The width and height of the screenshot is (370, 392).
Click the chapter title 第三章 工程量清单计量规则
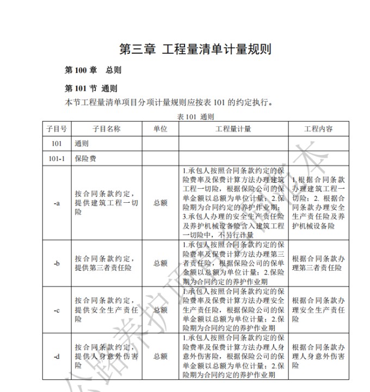pos(195,48)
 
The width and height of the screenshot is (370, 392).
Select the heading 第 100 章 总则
pos(92,70)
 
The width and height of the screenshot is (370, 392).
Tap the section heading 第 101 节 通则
pos(91,89)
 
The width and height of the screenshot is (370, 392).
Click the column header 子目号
pos(57,129)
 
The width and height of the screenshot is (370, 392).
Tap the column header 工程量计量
pos(233,129)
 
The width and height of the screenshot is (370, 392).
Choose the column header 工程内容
pos(318,129)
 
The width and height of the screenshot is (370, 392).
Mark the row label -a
pos(57,203)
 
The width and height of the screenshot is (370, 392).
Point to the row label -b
pos(57,263)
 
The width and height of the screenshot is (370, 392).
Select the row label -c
pos(57,310)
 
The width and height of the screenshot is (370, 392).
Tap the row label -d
pos(57,357)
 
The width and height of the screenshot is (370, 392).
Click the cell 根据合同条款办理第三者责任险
pos(318,263)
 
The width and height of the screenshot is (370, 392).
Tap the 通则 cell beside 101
pos(82,144)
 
